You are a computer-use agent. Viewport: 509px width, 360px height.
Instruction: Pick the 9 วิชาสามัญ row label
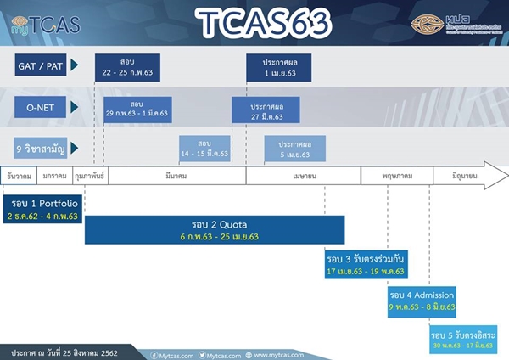(42, 148)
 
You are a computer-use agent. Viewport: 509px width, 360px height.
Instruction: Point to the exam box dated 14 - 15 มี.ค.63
(204, 148)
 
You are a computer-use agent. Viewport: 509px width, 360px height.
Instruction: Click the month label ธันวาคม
(19, 175)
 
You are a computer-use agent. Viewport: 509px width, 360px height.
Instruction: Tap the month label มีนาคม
(177, 175)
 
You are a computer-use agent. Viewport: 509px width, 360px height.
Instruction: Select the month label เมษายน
(303, 175)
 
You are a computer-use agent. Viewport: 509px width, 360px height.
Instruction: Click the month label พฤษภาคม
(396, 175)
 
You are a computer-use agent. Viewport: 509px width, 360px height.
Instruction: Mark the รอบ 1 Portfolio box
(42, 210)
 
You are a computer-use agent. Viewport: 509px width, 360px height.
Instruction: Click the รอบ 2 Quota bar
(215, 230)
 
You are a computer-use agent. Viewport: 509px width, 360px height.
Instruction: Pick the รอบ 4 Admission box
(422, 300)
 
